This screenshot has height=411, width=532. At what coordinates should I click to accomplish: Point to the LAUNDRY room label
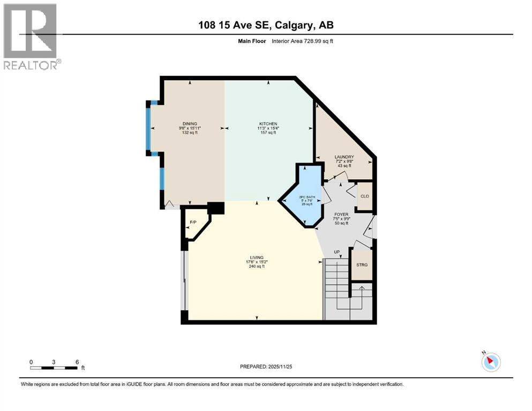pos(343,157)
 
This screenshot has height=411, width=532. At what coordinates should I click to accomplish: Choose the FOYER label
pos(341,214)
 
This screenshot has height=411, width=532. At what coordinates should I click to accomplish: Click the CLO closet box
pos(365,196)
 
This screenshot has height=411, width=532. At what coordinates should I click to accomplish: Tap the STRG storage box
pos(362,265)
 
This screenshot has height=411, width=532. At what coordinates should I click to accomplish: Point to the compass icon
pos(491,362)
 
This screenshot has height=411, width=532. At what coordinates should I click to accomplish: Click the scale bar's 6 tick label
pos(77,362)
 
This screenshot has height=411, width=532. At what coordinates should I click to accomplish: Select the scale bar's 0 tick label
pos(32,362)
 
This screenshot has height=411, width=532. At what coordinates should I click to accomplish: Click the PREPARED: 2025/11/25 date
pos(266,367)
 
